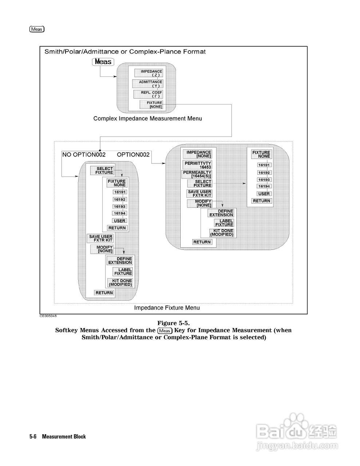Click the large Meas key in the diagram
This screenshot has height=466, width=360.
pyautogui.click(x=103, y=62)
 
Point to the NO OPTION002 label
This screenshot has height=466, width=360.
pyautogui.click(x=84, y=154)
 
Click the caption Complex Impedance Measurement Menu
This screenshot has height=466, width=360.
pyautogui.click(x=147, y=118)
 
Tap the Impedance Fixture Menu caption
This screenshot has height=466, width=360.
pyautogui.click(x=167, y=308)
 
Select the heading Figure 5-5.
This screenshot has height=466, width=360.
pyautogui.click(x=174, y=323)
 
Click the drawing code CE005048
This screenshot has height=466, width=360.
pyautogui.click(x=48, y=316)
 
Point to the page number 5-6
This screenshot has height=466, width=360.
pyautogui.click(x=33, y=437)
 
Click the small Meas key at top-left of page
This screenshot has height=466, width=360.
pyautogui.click(x=37, y=29)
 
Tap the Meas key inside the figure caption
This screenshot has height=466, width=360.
pyautogui.click(x=165, y=331)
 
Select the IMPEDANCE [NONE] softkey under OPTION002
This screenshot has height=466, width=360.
pyautogui.click(x=199, y=154)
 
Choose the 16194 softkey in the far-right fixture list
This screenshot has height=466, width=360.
pyautogui.click(x=264, y=186)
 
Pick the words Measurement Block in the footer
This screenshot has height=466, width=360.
pyautogui.click(x=64, y=437)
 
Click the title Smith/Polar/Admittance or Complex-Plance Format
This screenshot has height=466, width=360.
pyautogui.click(x=125, y=52)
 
